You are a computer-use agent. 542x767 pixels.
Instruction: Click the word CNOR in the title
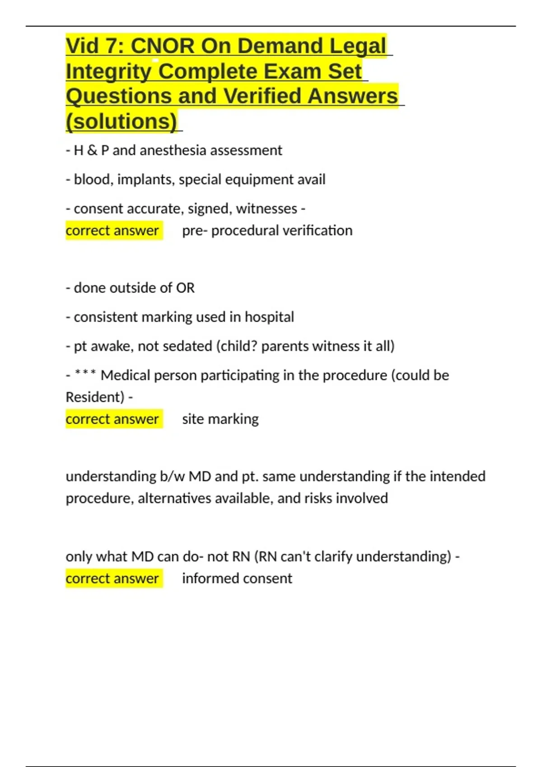point(162,46)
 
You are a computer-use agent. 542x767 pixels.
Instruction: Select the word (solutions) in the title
point(121,121)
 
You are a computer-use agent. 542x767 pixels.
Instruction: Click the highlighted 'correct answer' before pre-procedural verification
point(112,231)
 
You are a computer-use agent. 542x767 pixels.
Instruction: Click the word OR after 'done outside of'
point(185,288)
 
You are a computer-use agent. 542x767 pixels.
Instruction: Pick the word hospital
point(269,317)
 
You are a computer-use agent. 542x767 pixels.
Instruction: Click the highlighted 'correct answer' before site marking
point(112,419)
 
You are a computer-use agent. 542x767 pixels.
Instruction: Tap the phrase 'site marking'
point(220,419)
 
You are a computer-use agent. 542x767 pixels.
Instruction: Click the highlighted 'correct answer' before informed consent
point(112,578)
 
